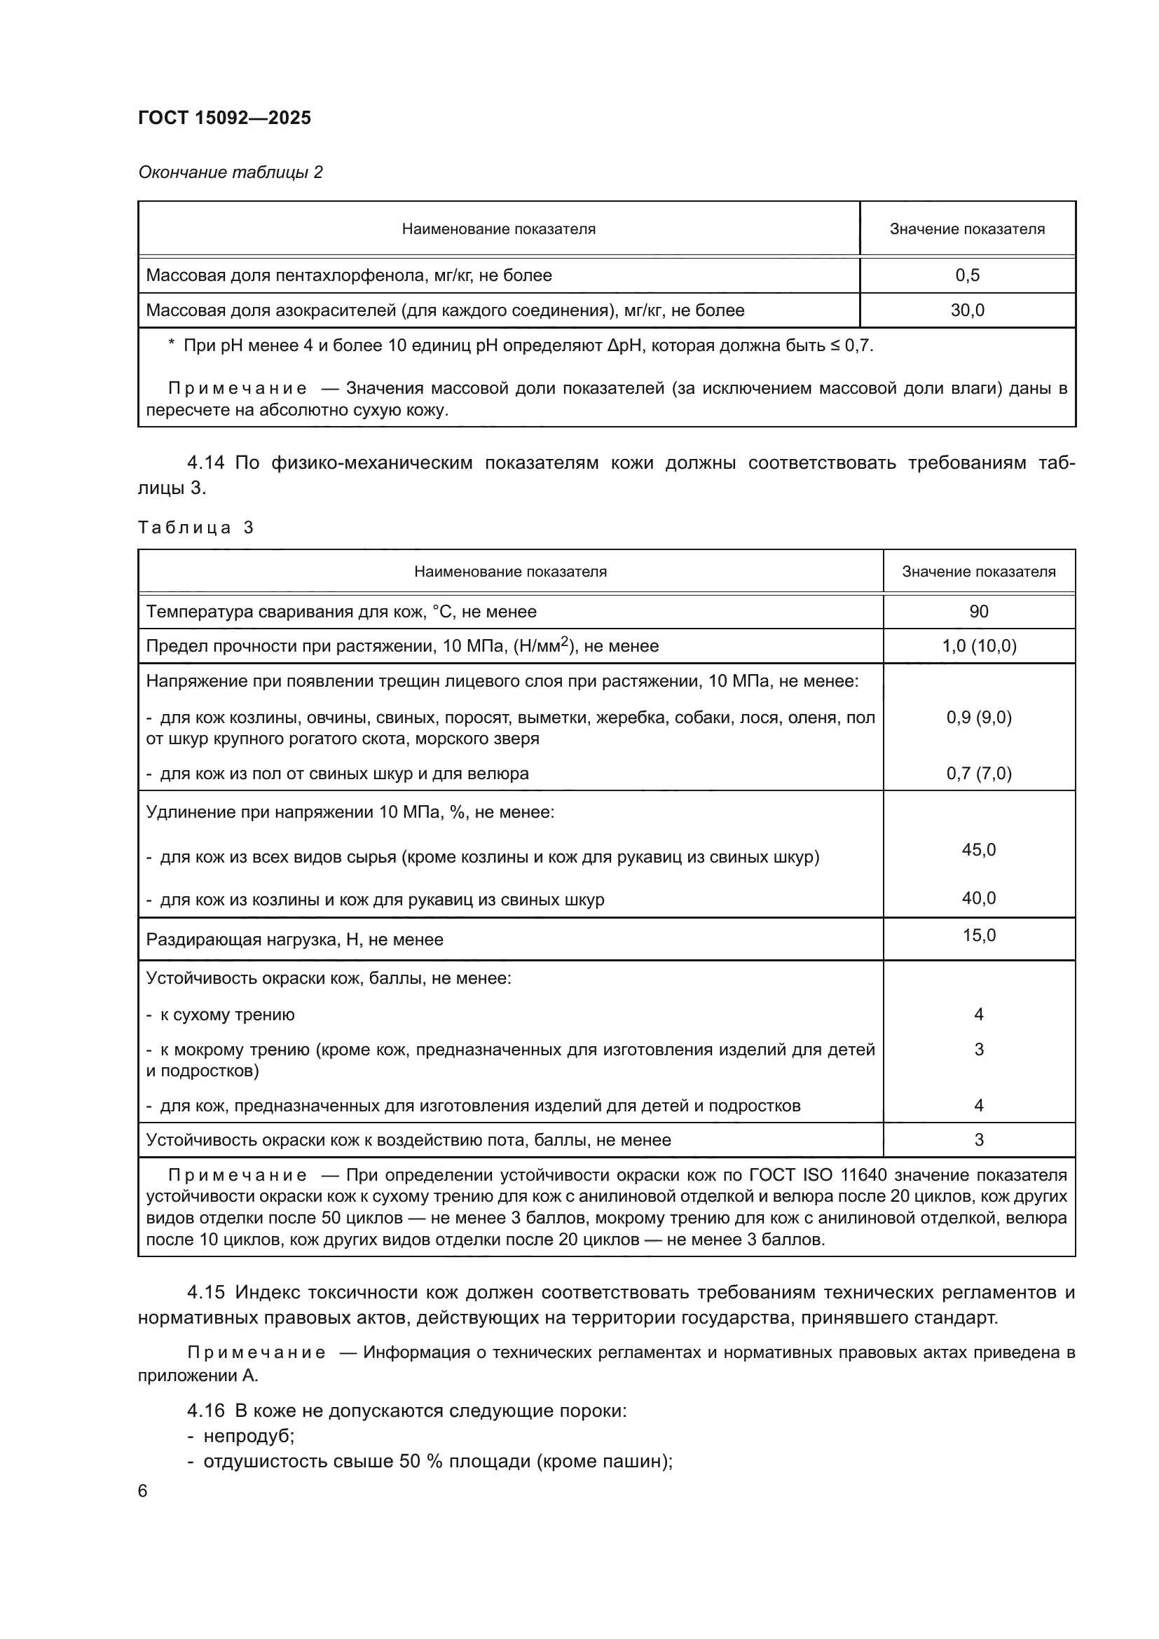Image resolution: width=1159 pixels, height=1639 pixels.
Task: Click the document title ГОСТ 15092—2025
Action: coord(224,118)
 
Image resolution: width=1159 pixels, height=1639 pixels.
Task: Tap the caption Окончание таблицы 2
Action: coord(230,172)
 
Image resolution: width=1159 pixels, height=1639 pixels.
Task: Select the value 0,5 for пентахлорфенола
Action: coord(967,275)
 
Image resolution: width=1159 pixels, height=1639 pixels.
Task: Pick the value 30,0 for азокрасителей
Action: coord(967,310)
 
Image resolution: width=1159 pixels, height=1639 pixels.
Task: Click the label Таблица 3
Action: coord(196,528)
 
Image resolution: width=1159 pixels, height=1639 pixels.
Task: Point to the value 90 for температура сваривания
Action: coord(978,612)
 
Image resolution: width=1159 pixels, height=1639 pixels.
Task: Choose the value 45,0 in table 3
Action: coord(978,849)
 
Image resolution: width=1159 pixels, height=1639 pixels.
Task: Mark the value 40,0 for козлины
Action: coord(978,898)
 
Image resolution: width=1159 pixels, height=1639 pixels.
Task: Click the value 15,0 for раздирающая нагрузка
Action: coord(978,935)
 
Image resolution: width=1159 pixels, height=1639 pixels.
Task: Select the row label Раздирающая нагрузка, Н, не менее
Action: coord(294,940)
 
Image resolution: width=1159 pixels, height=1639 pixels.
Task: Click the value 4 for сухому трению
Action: coord(978,1015)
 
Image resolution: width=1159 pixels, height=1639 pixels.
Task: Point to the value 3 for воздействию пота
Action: coord(978,1140)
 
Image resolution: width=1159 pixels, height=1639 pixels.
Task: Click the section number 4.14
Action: coord(205,462)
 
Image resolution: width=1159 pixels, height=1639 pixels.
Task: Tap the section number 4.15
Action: coord(205,1292)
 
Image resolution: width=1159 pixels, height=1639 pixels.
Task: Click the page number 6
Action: coord(143,1491)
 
